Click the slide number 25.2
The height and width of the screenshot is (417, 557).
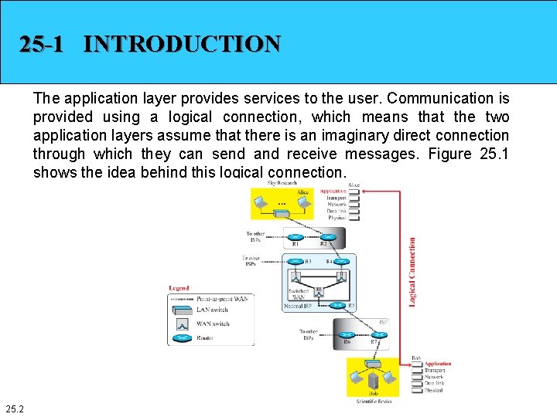click(x=14, y=408)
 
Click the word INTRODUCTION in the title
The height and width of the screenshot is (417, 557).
click(x=182, y=44)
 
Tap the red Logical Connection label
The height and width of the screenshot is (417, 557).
click(x=412, y=272)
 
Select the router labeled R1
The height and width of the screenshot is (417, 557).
click(x=295, y=237)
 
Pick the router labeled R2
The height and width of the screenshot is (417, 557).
click(x=324, y=237)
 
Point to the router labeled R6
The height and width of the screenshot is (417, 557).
click(x=347, y=334)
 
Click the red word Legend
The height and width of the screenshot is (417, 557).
click(x=179, y=289)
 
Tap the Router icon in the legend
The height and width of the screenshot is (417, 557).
click(x=182, y=337)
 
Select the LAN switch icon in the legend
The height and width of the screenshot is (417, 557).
click(x=182, y=310)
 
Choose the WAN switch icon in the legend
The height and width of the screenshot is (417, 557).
click(x=182, y=324)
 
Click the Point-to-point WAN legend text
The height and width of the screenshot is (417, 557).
click(x=222, y=299)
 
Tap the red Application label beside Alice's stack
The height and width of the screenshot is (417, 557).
click(x=333, y=191)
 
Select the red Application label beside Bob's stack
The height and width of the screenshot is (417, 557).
click(x=438, y=364)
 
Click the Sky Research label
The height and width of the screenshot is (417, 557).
click(x=282, y=183)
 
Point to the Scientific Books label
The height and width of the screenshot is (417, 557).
click(x=374, y=401)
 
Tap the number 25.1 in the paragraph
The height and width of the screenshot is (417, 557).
click(x=494, y=154)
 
